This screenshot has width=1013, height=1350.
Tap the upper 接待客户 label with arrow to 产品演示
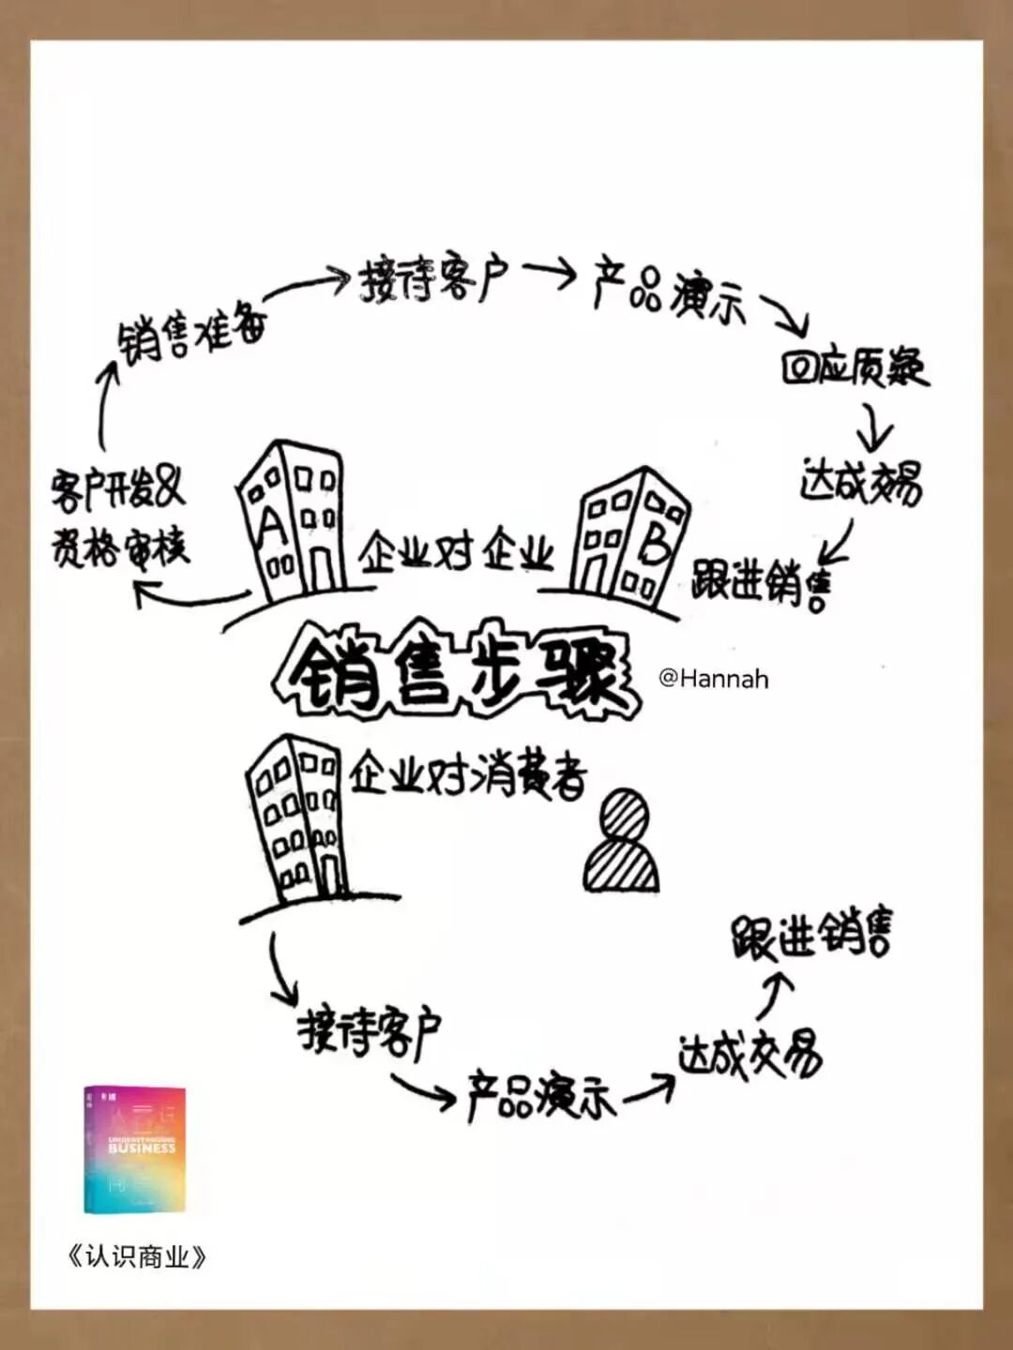tap(433, 277)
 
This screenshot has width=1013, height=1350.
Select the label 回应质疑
tap(854, 367)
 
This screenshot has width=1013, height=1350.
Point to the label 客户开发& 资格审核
tap(119, 518)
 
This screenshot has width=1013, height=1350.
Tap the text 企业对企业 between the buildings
tap(456, 552)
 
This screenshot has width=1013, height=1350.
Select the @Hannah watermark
tap(714, 678)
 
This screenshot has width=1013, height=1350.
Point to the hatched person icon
tap(621, 842)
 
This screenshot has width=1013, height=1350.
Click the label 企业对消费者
tap(468, 775)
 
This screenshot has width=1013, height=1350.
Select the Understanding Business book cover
tap(135, 1149)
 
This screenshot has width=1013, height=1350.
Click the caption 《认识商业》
tap(137, 1256)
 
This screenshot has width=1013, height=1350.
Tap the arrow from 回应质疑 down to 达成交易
tap(874, 427)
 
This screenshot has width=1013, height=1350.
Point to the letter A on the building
tap(271, 526)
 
